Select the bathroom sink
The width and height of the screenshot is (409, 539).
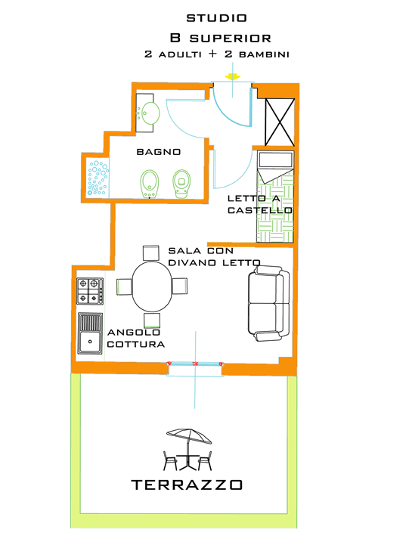pos(149,113)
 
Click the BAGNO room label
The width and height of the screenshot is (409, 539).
pos(158,152)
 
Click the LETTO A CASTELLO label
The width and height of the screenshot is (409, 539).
pos(260,204)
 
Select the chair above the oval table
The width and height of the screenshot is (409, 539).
pos(151,252)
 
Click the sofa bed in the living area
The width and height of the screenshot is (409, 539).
pos(268,303)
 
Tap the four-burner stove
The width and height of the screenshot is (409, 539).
pos(90,290)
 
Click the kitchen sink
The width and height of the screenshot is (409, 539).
pos(91,333)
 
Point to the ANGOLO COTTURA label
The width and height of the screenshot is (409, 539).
pos(136,338)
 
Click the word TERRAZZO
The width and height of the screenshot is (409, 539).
pos(187,485)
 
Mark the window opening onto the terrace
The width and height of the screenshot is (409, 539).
pos(194,367)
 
